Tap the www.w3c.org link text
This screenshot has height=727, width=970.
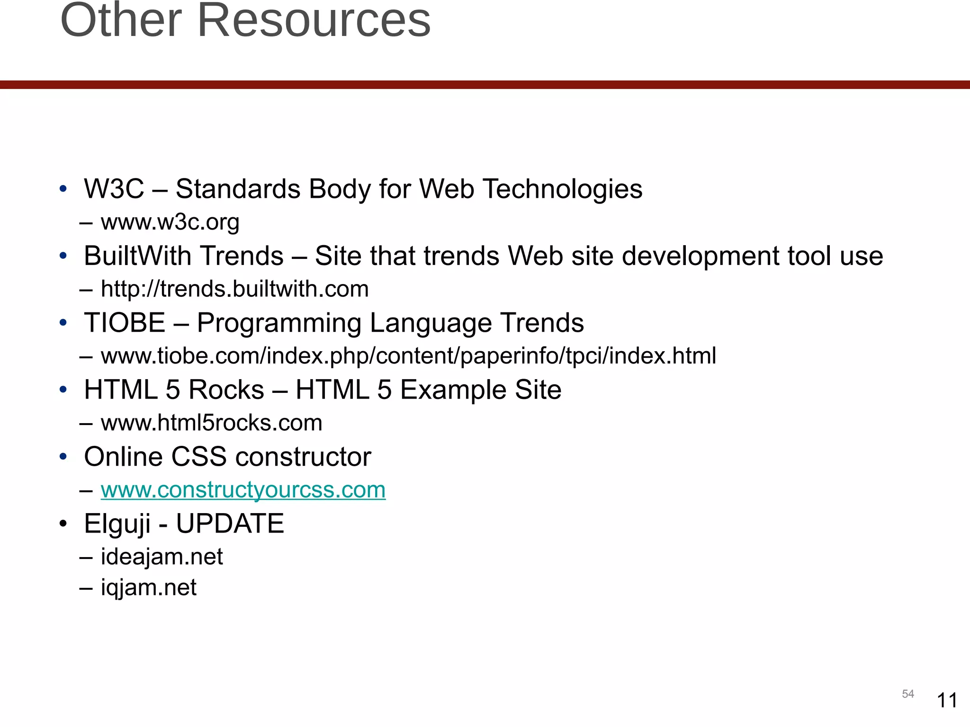tap(170, 222)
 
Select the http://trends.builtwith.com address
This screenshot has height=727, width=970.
tap(234, 289)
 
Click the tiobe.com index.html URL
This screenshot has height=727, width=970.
tap(408, 356)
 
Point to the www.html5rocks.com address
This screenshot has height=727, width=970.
tap(211, 423)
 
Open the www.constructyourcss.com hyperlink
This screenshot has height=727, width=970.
tap(243, 490)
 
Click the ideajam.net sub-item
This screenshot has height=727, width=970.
tap(162, 557)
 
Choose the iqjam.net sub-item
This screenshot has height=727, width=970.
tap(148, 588)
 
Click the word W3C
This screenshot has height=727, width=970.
tap(114, 189)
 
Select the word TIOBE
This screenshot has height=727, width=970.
tap(125, 323)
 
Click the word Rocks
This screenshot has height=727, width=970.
tap(226, 390)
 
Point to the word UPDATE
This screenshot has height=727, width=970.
tap(230, 524)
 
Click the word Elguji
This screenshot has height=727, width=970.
tap(117, 524)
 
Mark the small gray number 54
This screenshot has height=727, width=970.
tap(907, 694)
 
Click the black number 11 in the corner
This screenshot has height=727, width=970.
tap(947, 700)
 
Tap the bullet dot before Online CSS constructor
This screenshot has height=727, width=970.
tap(63, 457)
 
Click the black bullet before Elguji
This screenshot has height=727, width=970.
tap(63, 524)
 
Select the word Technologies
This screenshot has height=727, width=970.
tap(562, 189)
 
